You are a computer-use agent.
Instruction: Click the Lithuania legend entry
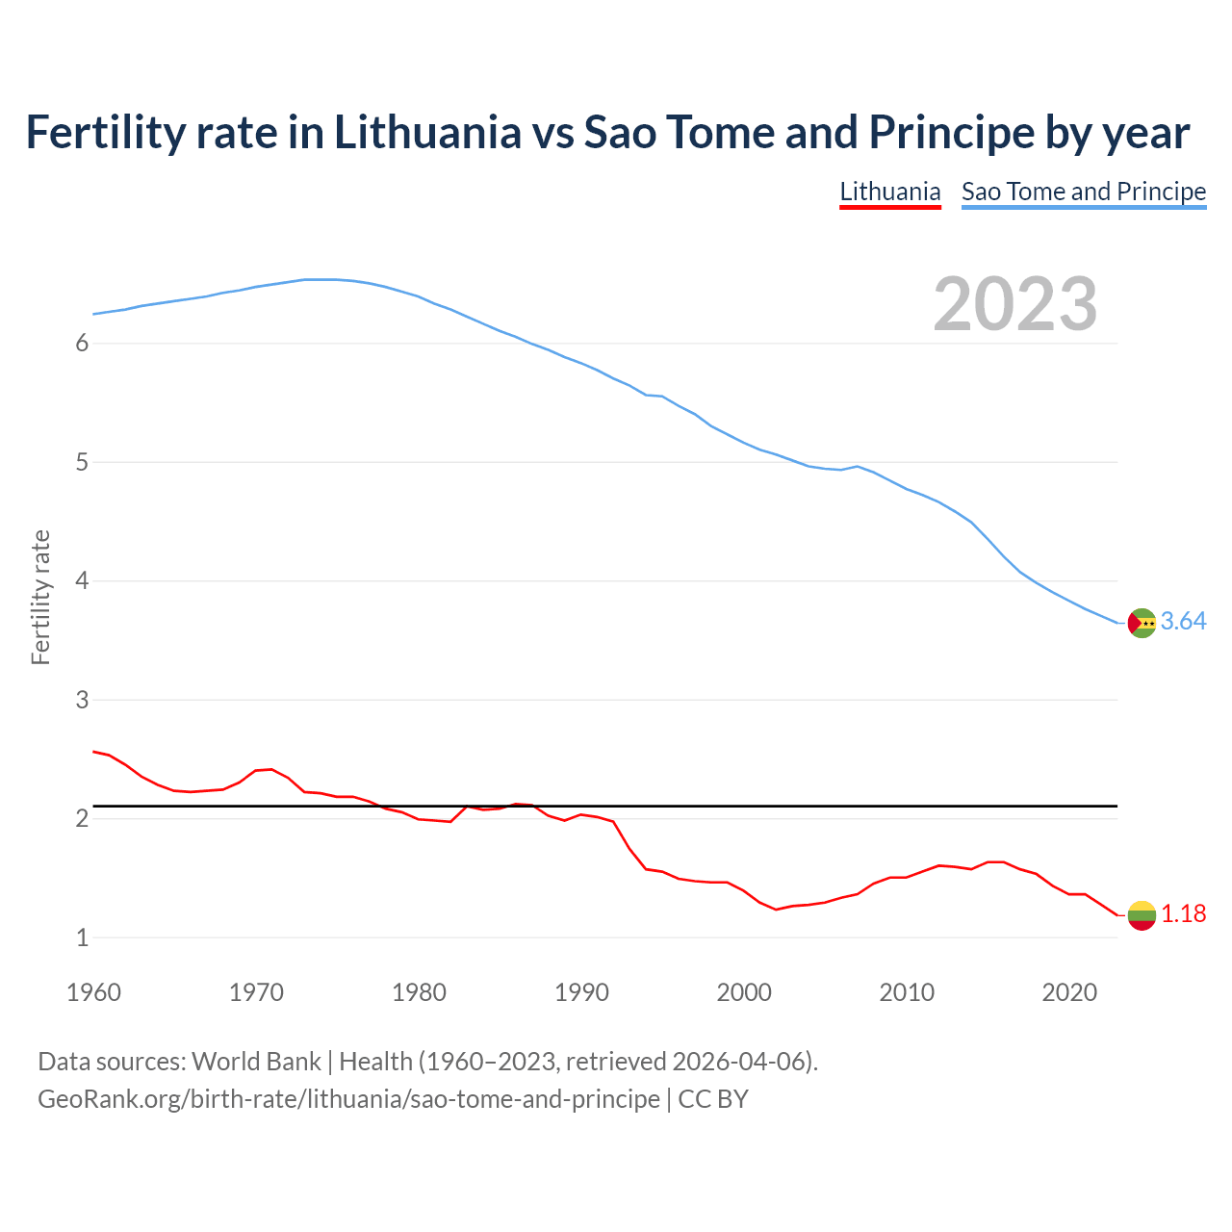(889, 192)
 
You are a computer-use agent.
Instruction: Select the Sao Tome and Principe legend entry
(1083, 192)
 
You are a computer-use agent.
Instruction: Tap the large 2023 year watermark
(1014, 304)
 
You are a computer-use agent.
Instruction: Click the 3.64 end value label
(1183, 622)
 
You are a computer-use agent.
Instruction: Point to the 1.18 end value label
(1183, 914)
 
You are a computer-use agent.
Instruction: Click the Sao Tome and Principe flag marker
(1142, 623)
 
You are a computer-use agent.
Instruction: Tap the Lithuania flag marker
(1142, 915)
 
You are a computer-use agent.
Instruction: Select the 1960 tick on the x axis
(93, 992)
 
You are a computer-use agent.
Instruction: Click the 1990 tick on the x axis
(581, 992)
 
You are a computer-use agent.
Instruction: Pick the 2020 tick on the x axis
(1069, 992)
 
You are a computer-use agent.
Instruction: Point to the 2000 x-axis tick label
(744, 992)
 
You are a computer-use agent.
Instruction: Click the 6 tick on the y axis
(82, 344)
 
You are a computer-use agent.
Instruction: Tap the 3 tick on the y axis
(82, 700)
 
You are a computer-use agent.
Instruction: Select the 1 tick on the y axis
(82, 937)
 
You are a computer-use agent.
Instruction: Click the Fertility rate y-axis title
(40, 597)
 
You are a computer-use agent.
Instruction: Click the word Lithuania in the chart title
(427, 132)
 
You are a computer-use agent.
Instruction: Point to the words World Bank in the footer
(256, 1062)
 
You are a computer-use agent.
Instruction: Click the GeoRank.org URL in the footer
(348, 1099)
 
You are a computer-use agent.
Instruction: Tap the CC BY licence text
(713, 1099)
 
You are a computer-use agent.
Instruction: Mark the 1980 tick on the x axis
(419, 992)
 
